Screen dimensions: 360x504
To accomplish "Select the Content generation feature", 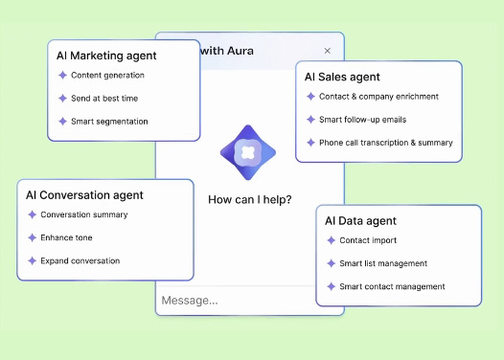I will point(107,75).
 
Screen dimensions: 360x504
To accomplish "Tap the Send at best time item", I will point(103,98).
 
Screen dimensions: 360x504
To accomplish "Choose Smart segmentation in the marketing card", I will point(109,122).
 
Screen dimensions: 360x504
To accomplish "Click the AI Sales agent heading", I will point(342,77).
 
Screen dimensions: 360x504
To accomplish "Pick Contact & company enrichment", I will point(378,97).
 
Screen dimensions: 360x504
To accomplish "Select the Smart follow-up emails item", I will point(363,120).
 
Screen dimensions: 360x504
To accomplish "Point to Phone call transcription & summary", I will point(385,143).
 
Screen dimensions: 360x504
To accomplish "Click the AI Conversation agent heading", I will point(85,195).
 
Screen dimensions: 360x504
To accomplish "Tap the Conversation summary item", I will point(83,214).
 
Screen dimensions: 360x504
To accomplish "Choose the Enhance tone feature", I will point(66,237).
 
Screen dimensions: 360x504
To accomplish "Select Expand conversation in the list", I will point(80,260).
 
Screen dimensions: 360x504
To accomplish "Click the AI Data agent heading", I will point(360,221).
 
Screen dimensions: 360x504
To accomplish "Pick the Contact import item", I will point(367,240).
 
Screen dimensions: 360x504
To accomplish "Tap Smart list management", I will point(383,263).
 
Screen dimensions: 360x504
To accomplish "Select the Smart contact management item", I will point(392,286).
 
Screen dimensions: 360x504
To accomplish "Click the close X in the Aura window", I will point(327,51).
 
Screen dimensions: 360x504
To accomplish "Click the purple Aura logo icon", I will point(248,152).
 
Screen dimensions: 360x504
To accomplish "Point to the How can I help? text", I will point(250,200).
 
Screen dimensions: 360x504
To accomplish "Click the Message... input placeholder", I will point(189,301).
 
